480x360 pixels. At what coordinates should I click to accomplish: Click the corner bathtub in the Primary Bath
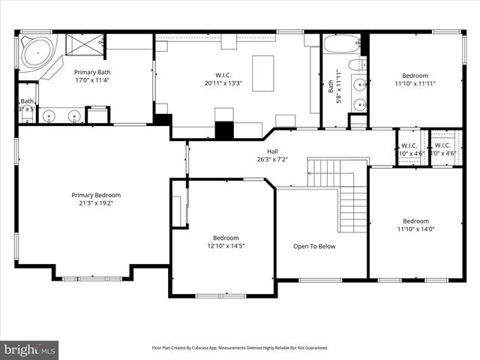(x=34, y=52)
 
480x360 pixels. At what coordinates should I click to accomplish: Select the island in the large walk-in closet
(x=262, y=73)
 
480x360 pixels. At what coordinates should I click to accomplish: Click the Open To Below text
(x=314, y=246)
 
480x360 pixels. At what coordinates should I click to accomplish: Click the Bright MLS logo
(x=30, y=349)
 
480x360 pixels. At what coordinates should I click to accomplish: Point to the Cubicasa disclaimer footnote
(x=239, y=348)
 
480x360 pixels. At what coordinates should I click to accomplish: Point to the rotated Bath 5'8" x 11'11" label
(x=334, y=87)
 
